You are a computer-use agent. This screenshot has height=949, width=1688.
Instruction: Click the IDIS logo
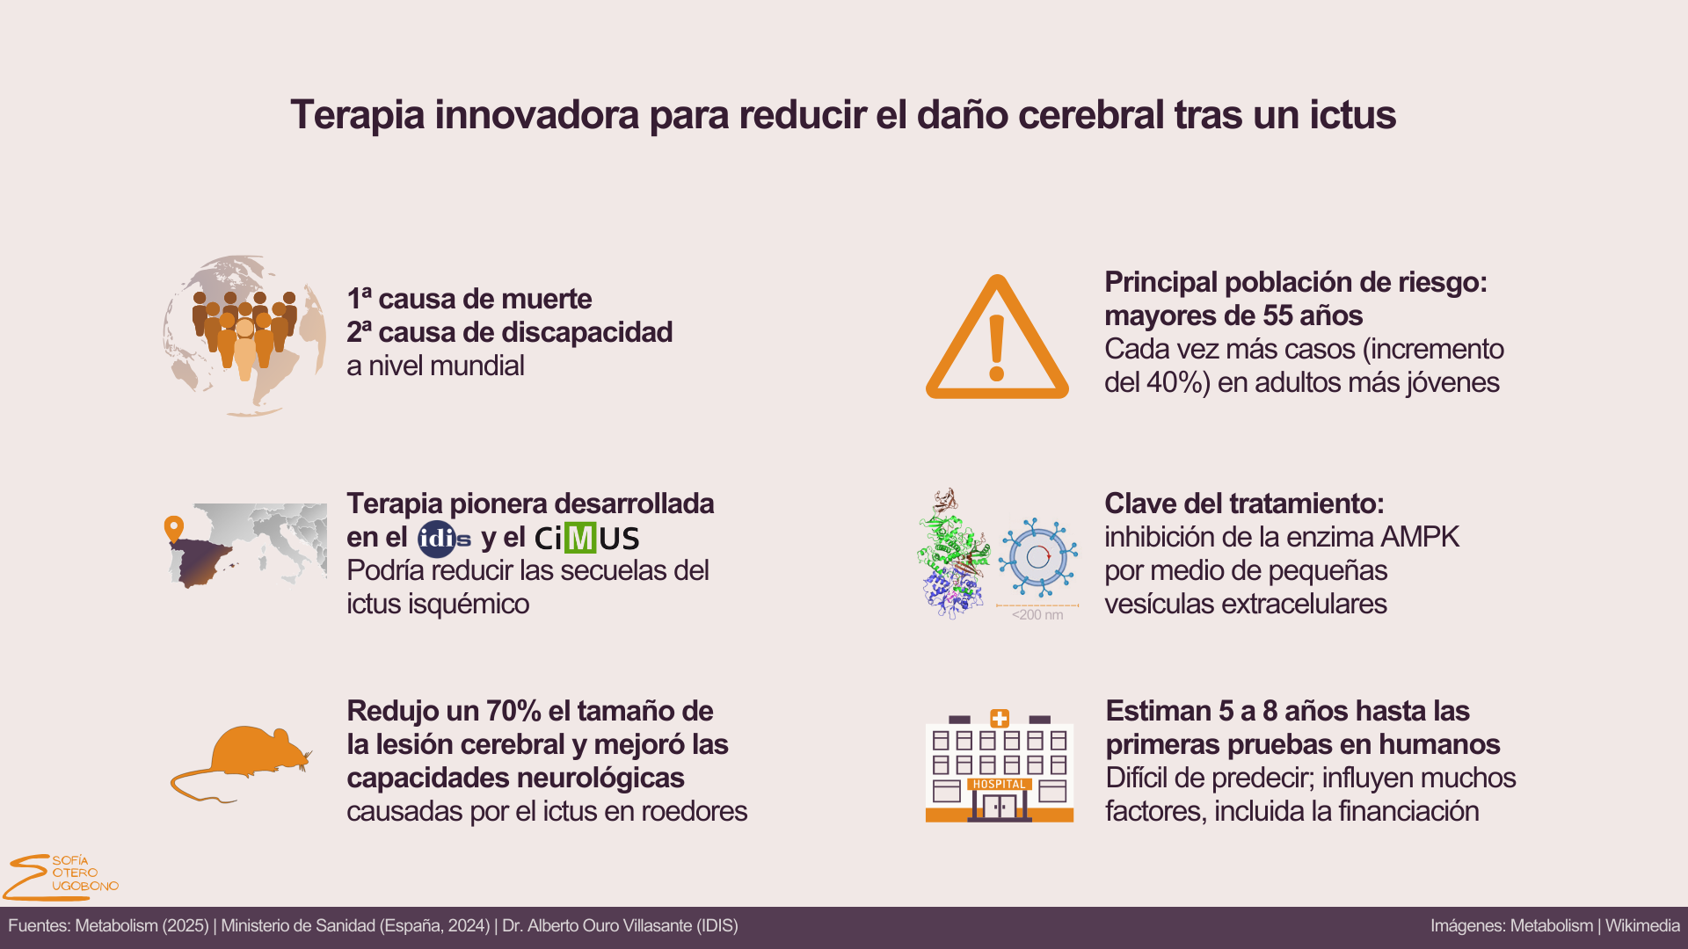pos(444,539)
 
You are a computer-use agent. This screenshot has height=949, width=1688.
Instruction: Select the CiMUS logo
pos(586,538)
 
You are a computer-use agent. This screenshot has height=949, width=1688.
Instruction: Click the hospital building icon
pos(1000,765)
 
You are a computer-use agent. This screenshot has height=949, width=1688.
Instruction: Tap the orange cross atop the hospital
pos(1000,718)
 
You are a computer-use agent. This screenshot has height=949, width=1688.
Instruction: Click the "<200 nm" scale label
pos(1037,615)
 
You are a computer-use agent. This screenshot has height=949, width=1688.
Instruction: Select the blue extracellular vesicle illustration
pos(1038,557)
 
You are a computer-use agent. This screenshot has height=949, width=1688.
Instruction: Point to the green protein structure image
pos(951,554)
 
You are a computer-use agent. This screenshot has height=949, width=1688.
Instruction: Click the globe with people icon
pos(244,336)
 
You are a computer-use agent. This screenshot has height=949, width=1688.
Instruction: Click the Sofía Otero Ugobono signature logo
pos(61,877)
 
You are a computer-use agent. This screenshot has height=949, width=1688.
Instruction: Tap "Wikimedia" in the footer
pos(1642,926)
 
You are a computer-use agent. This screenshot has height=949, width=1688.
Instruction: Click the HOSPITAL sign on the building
pos(999,784)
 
